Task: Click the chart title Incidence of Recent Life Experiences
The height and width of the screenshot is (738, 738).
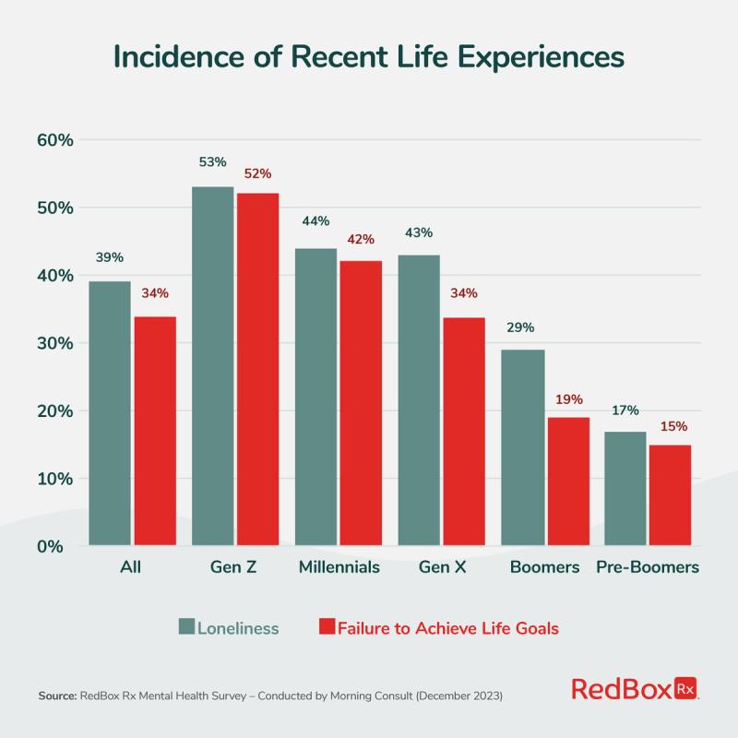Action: point(369,57)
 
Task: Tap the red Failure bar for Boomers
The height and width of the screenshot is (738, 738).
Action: point(567,481)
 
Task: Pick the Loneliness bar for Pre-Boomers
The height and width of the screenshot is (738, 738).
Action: point(625,488)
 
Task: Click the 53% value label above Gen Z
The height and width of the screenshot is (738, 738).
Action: point(212,162)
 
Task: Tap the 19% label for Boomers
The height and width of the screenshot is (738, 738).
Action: point(567,399)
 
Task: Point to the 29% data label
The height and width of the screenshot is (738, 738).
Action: point(521,327)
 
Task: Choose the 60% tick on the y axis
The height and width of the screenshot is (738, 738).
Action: point(54,140)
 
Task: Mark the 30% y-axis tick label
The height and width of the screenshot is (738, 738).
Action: point(54,343)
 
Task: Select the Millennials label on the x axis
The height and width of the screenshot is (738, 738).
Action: point(339,567)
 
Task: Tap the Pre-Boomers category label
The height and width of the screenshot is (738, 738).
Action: point(647,567)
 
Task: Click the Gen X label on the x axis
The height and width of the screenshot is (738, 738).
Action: point(444,567)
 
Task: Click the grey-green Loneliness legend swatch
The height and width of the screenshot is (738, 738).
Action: point(186,627)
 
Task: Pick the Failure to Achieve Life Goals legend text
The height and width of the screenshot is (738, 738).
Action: point(448,628)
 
